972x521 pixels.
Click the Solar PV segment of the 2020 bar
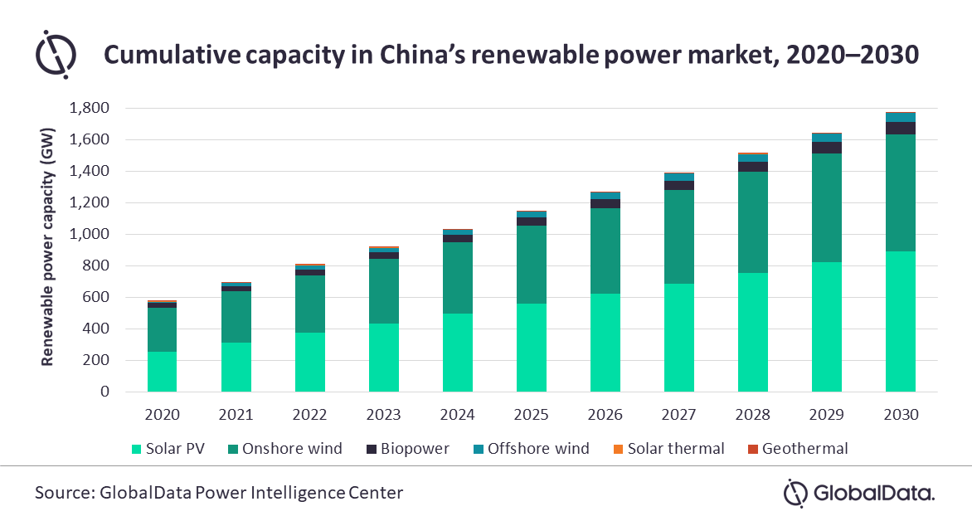click(162, 372)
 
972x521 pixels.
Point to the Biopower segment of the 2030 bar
click(900, 128)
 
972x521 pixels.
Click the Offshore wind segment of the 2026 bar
click(605, 195)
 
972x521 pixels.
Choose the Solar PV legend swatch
click(135, 449)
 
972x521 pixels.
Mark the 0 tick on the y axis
click(105, 392)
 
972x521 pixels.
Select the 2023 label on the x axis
click(383, 414)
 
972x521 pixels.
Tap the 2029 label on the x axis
click(826, 414)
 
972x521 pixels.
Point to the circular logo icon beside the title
click(56, 54)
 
